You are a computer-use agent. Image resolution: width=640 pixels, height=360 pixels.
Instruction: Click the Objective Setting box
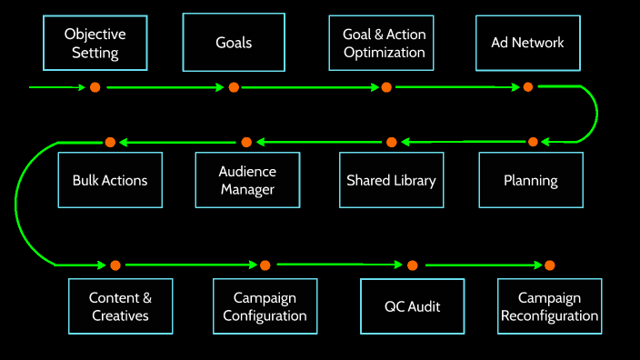pyautogui.click(x=95, y=43)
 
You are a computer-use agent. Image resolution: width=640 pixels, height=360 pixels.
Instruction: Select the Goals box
pyautogui.click(x=234, y=43)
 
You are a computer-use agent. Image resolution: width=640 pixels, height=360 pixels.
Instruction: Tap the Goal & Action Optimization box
pyautogui.click(x=384, y=43)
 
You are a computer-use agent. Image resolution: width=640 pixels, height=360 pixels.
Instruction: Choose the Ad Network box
pyautogui.click(x=527, y=43)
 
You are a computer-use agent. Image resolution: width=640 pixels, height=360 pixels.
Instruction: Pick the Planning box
pyautogui.click(x=531, y=180)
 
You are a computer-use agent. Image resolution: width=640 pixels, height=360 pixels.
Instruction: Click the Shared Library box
pyautogui.click(x=391, y=180)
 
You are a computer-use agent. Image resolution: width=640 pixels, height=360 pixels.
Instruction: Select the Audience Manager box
pyautogui.click(x=247, y=180)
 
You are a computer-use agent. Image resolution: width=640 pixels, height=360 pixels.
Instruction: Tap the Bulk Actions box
pyautogui.click(x=110, y=180)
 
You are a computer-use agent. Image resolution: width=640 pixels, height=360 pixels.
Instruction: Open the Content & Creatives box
pyautogui.click(x=120, y=306)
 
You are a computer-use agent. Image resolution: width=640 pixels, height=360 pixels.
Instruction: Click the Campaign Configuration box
pyautogui.click(x=265, y=306)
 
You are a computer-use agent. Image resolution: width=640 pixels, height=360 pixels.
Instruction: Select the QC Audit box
pyautogui.click(x=413, y=306)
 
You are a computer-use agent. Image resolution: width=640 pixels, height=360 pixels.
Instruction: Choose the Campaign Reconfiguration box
pyautogui.click(x=549, y=306)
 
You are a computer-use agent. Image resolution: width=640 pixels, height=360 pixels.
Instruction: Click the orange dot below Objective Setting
pyautogui.click(x=95, y=87)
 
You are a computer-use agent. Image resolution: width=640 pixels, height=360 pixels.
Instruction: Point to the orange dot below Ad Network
pyautogui.click(x=527, y=87)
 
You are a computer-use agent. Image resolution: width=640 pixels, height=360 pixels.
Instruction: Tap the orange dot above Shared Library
pyautogui.click(x=392, y=142)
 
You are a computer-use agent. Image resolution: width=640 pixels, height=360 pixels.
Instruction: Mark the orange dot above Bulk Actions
pyautogui.click(x=110, y=142)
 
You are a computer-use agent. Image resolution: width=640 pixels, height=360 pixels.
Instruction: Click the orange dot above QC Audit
pyautogui.click(x=413, y=265)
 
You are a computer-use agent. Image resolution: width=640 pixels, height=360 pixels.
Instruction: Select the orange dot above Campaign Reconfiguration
pyautogui.click(x=549, y=265)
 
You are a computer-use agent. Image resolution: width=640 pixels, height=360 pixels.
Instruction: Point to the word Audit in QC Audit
pyautogui.click(x=424, y=306)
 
